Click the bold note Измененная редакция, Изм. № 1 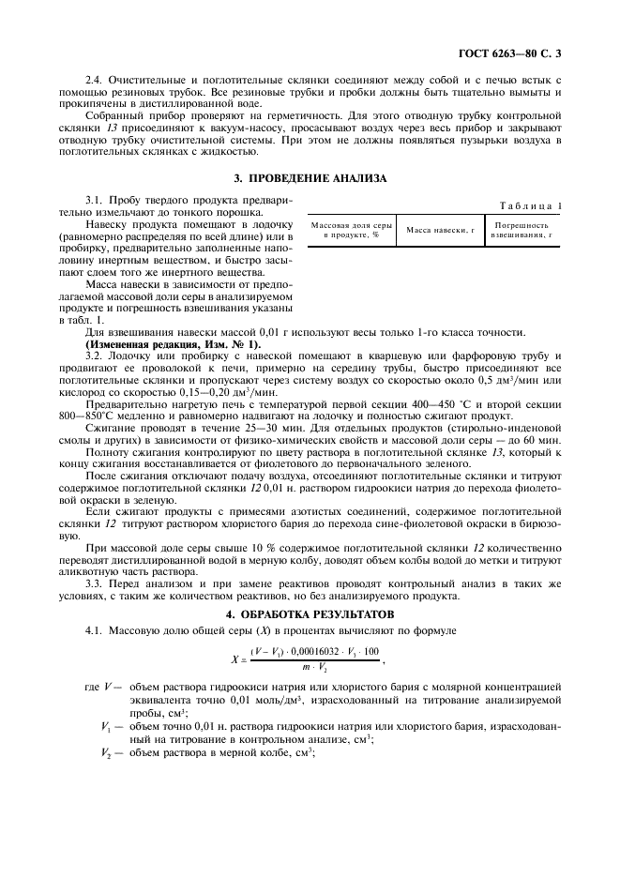(x=154, y=344)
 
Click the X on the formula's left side (x=234, y=659)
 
